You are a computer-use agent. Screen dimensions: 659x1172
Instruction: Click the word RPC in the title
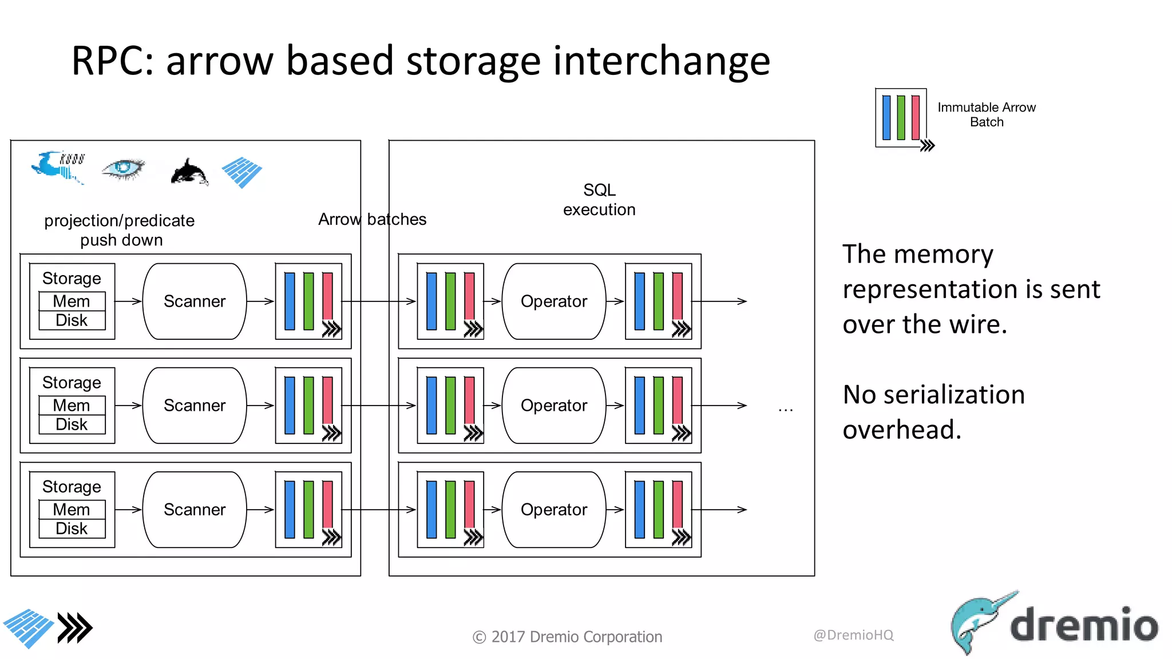tap(112, 61)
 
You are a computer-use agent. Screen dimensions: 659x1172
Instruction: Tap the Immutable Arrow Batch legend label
tap(986, 114)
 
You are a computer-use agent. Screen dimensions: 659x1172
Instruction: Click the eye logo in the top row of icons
tap(122, 169)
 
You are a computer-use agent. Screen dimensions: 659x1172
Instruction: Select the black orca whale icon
tap(189, 172)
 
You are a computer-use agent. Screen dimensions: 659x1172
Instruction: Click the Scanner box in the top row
tap(195, 301)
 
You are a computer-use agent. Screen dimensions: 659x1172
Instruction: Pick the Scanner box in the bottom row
tap(195, 510)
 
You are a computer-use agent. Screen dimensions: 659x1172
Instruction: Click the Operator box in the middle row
tap(553, 406)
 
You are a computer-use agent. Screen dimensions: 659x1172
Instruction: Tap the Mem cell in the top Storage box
tap(72, 301)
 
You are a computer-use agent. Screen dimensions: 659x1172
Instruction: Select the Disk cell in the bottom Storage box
tap(72, 529)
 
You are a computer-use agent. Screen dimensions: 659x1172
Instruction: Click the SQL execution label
tap(599, 200)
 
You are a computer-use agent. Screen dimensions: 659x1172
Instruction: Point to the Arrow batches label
tap(372, 219)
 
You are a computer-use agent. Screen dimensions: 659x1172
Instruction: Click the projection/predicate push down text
tap(120, 230)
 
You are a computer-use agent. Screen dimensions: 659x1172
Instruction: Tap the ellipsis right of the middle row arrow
tap(785, 409)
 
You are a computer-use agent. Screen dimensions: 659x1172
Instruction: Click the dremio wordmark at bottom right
tap(1084, 625)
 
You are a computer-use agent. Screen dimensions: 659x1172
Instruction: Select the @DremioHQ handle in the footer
tap(853, 635)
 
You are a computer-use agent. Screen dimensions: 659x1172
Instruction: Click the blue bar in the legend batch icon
tap(886, 118)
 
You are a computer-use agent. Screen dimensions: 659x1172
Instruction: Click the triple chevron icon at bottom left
tap(75, 628)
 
